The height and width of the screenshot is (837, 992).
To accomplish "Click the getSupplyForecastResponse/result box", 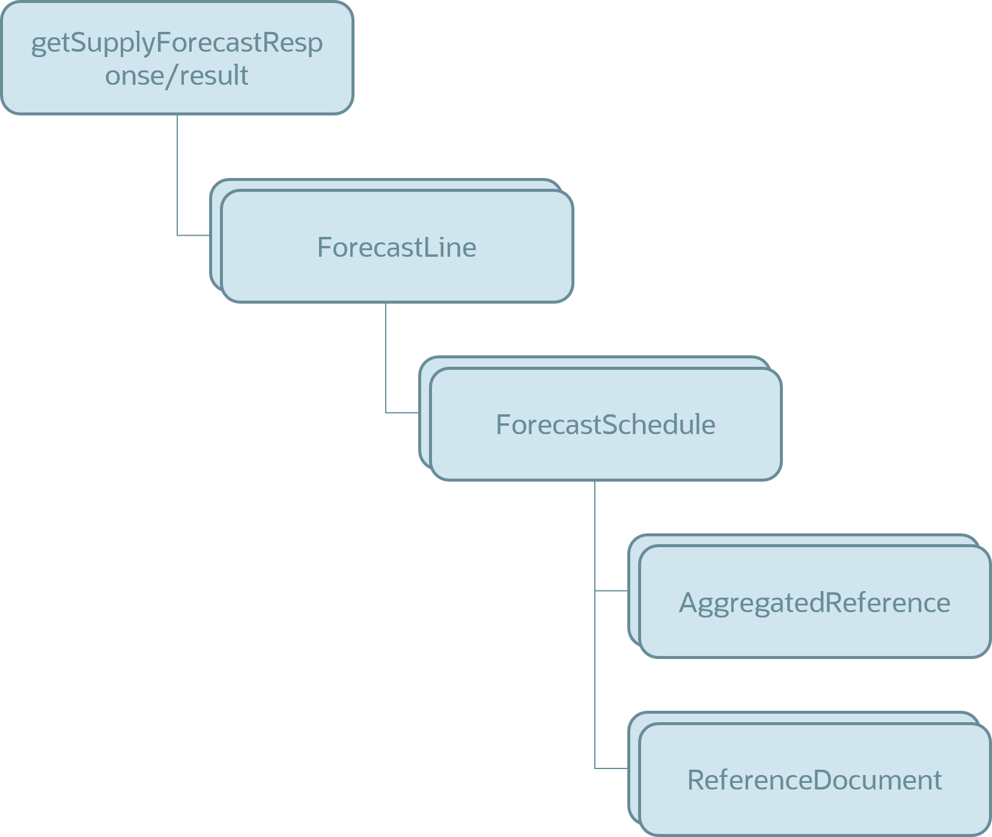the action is coord(177,58).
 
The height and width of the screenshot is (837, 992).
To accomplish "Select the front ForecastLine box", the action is coord(397,246).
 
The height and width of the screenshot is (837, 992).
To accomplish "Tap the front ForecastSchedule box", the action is coord(606,424).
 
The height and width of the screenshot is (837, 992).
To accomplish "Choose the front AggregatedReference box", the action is coord(815,601).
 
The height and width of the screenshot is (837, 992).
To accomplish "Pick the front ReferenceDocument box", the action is coord(815,779).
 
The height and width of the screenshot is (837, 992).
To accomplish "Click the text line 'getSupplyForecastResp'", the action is coord(177,43).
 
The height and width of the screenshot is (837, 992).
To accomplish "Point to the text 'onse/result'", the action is coord(177,75).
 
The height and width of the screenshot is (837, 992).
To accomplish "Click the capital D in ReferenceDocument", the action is coord(824,780).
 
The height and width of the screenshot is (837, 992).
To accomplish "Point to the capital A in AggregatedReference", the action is coord(689,602).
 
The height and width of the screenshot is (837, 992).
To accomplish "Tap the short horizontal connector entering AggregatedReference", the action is coord(612,590).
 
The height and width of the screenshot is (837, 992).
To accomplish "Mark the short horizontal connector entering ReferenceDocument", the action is coord(612,768).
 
